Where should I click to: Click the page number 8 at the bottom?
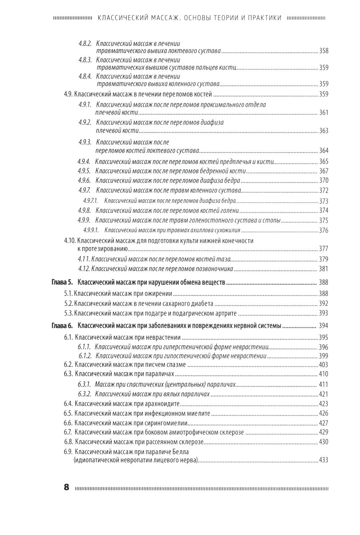click(x=66, y=488)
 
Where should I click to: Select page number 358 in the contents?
click(x=324, y=51)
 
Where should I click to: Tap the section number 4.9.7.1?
click(x=90, y=201)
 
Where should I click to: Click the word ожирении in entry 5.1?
click(x=161, y=293)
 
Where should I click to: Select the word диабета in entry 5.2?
click(x=202, y=304)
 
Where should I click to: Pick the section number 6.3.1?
click(x=85, y=385)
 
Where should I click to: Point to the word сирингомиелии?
click(x=167, y=423)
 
